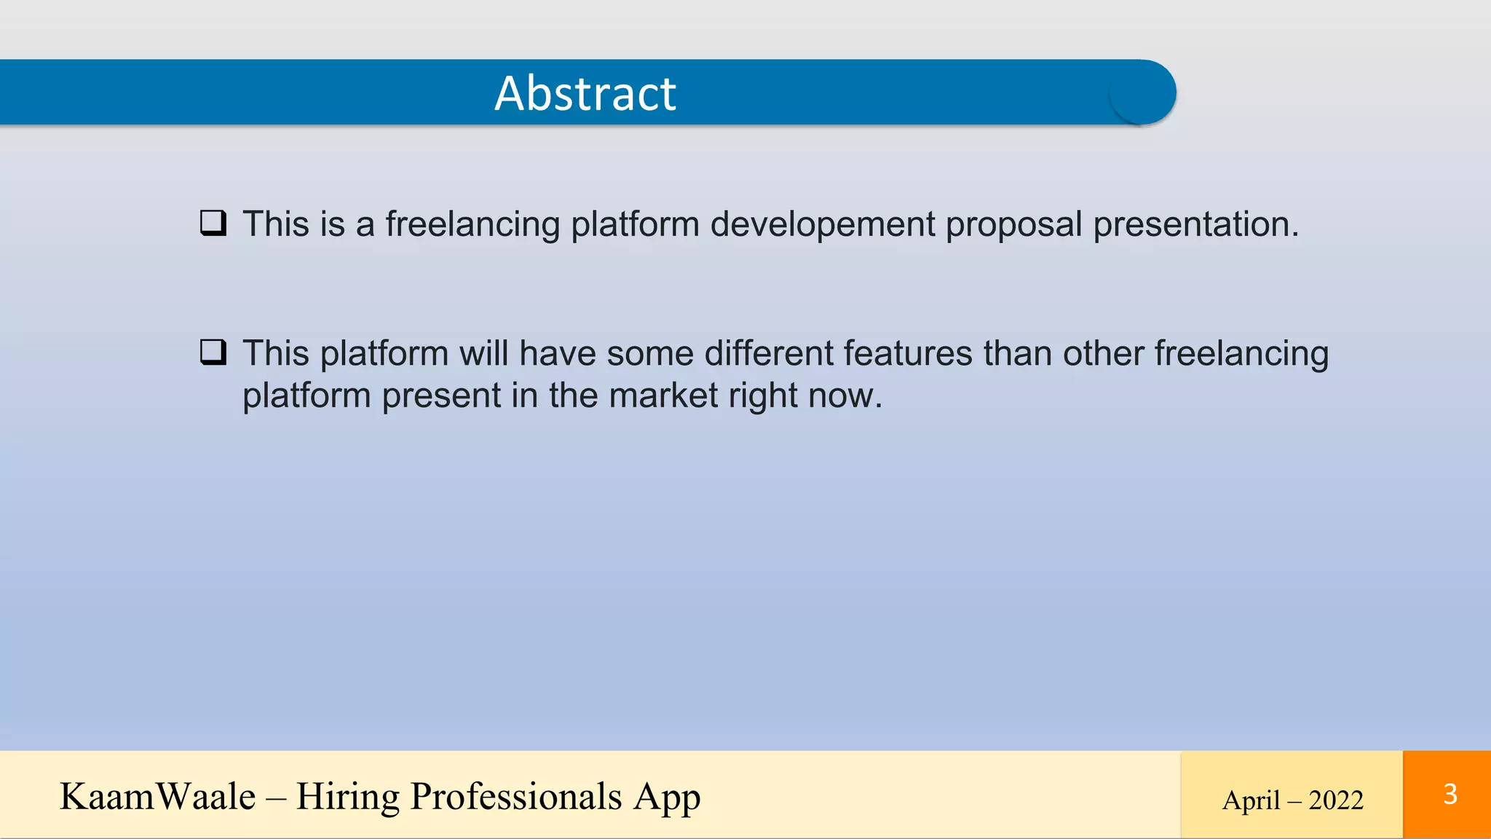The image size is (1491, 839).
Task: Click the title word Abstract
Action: click(x=585, y=93)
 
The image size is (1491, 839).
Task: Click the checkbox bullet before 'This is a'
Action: click(x=213, y=223)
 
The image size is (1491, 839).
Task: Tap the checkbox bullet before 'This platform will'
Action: click(x=213, y=352)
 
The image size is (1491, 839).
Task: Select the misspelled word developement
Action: click(x=823, y=224)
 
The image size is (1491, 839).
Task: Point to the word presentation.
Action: click(x=1195, y=224)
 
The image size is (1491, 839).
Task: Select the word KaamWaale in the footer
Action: click(x=158, y=796)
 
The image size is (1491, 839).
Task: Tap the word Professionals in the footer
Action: click(x=516, y=796)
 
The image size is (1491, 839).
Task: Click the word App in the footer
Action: click(x=666, y=797)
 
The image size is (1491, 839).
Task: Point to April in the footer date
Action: click(x=1251, y=800)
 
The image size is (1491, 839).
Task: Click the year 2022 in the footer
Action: click(x=1335, y=800)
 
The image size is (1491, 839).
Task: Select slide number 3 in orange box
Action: click(x=1450, y=794)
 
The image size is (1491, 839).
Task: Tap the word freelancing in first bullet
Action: click(x=472, y=224)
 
